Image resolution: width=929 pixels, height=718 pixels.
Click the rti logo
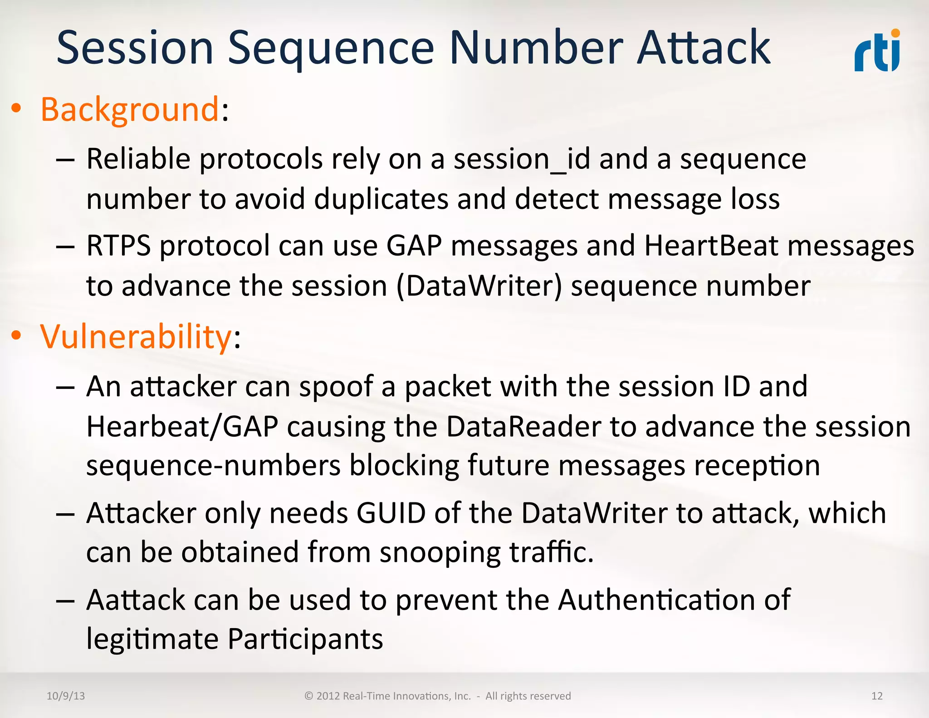(x=877, y=51)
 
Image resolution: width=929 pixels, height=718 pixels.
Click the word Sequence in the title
(x=331, y=48)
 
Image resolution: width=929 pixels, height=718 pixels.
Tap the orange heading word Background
(x=130, y=109)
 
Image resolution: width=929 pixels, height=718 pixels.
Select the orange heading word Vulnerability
(x=136, y=337)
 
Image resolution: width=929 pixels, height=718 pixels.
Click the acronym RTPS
(x=118, y=246)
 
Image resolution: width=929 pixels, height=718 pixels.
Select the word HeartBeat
(x=711, y=246)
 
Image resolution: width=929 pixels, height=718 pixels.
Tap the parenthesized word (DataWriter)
(x=479, y=286)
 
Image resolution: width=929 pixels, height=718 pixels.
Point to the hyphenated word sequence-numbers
(x=213, y=466)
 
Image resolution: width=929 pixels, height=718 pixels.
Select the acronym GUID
(x=391, y=513)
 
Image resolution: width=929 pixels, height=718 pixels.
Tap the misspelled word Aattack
(x=136, y=600)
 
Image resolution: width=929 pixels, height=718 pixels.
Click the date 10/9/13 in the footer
(x=66, y=696)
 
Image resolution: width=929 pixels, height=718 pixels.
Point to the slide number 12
(x=877, y=696)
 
